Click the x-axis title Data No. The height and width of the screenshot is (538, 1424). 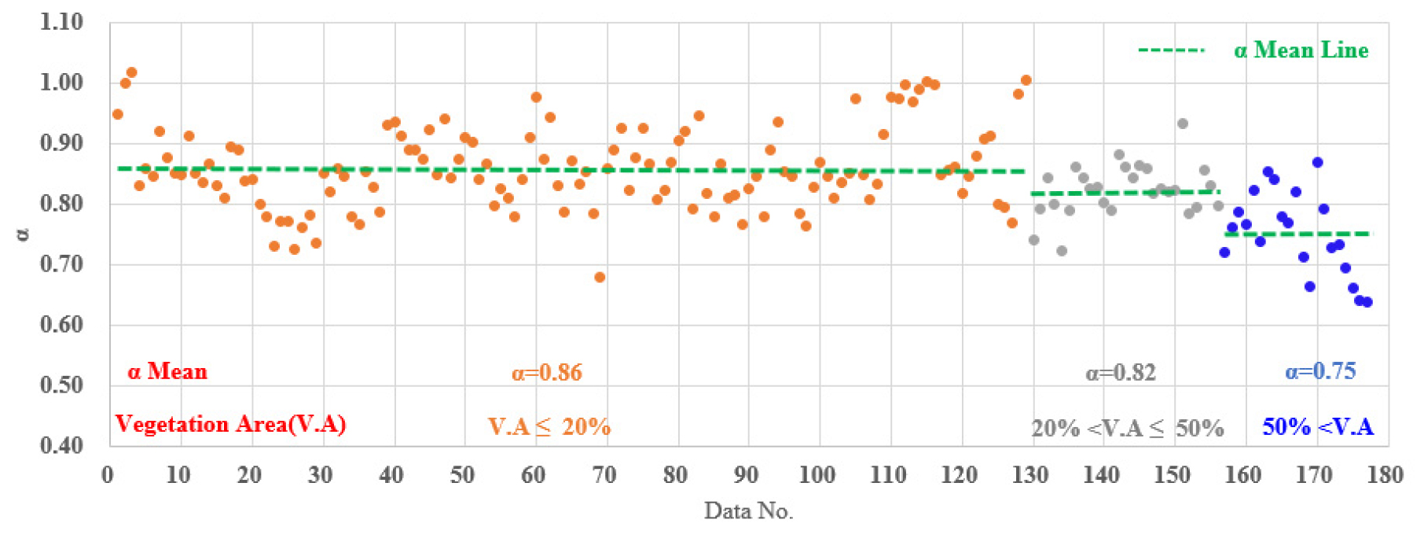point(748,511)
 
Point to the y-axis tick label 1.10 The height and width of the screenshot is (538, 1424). point(61,22)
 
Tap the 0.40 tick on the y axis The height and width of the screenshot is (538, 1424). point(61,445)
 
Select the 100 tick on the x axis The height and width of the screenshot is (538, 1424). point(817,475)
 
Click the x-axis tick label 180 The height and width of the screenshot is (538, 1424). point(1385,475)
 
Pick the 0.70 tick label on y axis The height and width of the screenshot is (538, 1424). point(61,264)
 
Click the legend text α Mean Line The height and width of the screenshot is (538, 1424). point(1301,50)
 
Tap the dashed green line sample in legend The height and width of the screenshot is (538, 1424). point(1171,50)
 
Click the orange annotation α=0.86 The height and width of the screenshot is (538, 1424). point(547,372)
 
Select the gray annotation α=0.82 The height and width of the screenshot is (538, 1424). point(1121,372)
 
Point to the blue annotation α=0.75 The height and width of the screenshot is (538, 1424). point(1320,371)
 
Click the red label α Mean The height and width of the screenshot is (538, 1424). point(167,371)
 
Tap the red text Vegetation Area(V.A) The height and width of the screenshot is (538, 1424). point(230,424)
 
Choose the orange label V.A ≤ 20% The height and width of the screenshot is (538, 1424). point(549,426)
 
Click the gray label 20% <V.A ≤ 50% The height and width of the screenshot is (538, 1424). point(1127,428)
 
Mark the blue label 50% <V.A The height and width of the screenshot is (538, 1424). point(1318,426)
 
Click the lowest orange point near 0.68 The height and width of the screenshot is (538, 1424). point(600,277)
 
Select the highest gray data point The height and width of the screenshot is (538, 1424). point(1182,123)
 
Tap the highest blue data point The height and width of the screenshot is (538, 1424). point(1317,163)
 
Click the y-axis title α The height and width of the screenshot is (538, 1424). point(24,234)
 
